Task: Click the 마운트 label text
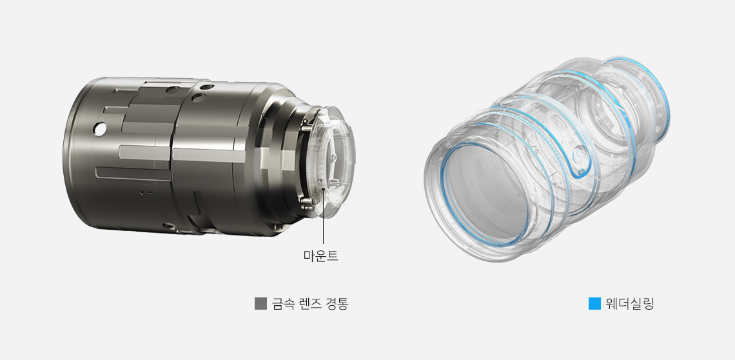320,255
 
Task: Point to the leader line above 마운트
323,217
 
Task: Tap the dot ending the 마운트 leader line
323,188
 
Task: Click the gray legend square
260,304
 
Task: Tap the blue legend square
594,304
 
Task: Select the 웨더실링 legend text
629,304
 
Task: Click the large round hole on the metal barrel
99,128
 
